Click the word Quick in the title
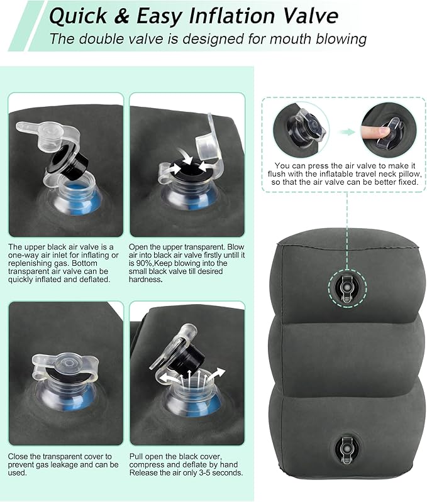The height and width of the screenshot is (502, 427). click(x=78, y=15)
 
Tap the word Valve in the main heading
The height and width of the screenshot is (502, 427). click(x=304, y=15)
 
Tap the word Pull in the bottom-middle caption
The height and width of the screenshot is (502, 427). click(x=137, y=456)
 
